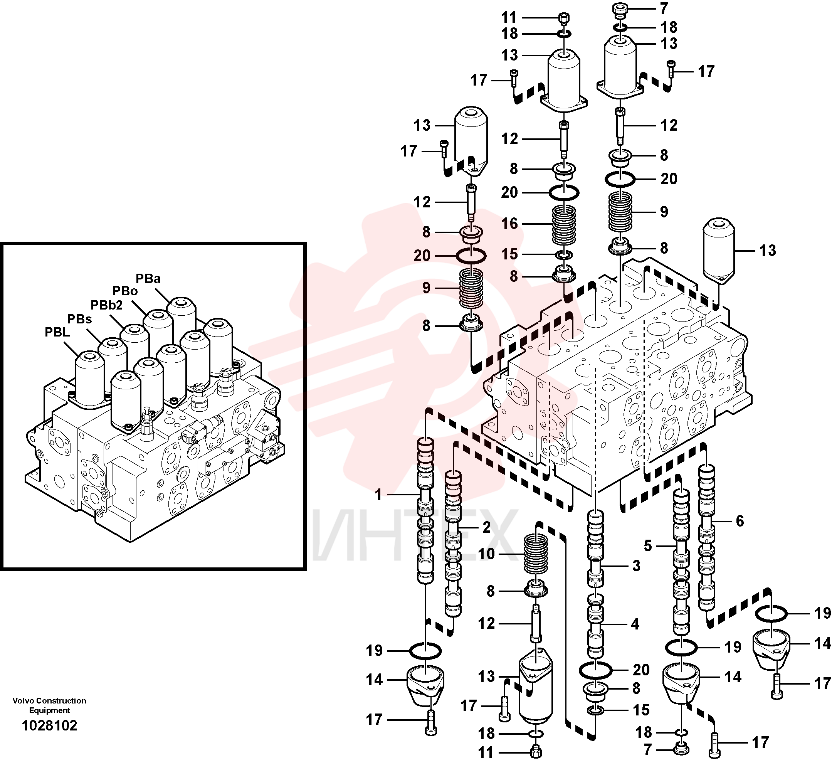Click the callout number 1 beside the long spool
378,495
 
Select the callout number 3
637,565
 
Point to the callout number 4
635,624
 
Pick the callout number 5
648,546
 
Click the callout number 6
740,521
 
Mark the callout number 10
486,554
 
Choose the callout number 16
509,224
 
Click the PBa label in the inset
148,278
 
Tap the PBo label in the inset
125,291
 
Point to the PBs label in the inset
79,319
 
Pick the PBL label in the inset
57,332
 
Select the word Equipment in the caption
49,710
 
